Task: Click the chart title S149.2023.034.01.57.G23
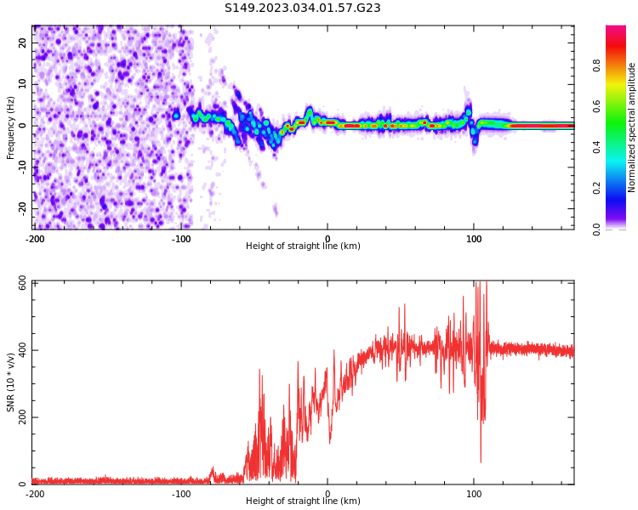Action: [303, 8]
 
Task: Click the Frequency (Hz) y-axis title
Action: [11, 127]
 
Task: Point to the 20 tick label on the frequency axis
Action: [22, 42]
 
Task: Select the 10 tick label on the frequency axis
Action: [22, 84]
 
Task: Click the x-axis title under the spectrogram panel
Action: [303, 246]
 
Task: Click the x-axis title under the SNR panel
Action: [303, 501]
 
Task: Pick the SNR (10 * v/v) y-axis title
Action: [11, 382]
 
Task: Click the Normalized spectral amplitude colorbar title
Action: [632, 127]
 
